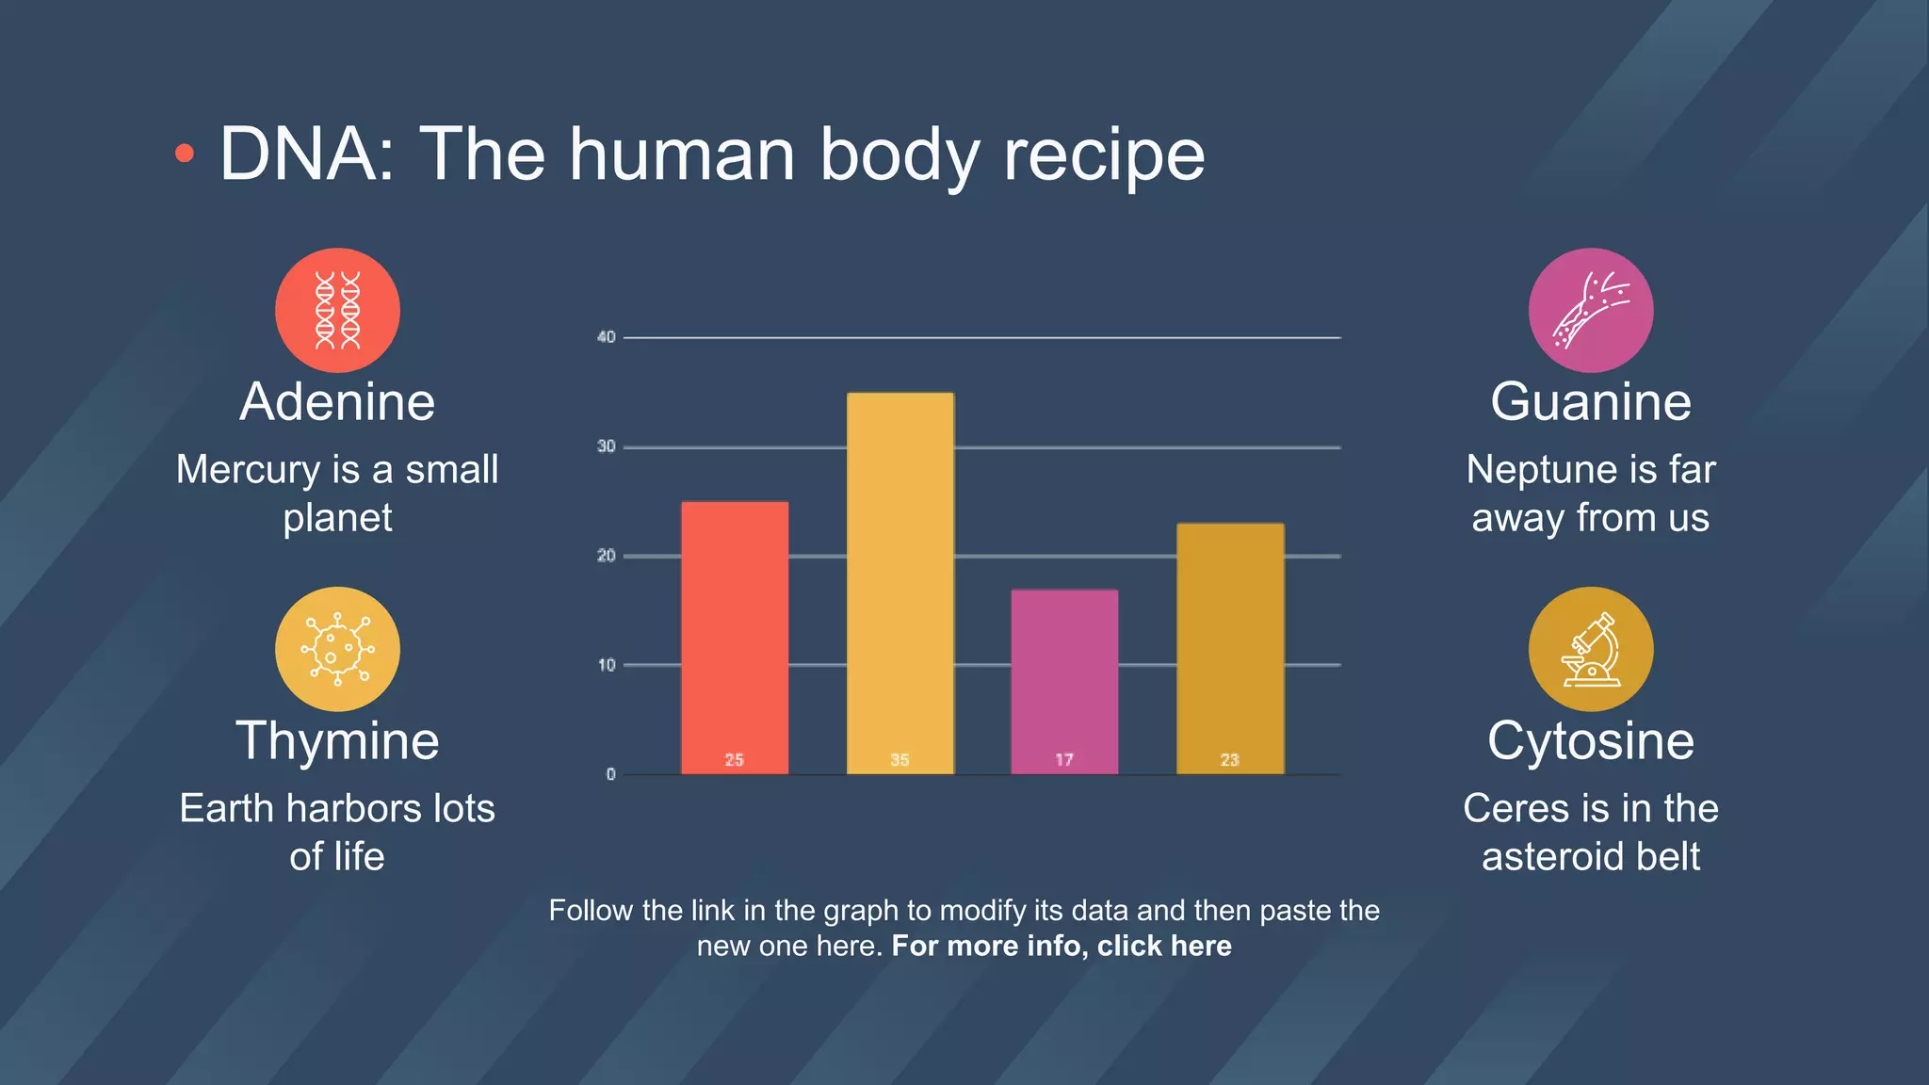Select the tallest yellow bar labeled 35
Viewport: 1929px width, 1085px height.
(x=900, y=583)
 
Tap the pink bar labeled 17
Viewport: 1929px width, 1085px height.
(x=1064, y=682)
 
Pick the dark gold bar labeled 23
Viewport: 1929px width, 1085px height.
(x=1229, y=649)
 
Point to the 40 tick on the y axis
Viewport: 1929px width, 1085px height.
(x=607, y=337)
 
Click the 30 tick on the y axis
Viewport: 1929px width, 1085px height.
(x=607, y=446)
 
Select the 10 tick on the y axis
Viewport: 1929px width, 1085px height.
(x=607, y=665)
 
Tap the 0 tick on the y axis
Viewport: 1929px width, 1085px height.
(x=611, y=774)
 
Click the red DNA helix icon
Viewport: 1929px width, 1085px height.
(x=337, y=310)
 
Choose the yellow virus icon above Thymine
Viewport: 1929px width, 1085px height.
(x=337, y=649)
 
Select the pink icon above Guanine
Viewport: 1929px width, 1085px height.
(x=1590, y=310)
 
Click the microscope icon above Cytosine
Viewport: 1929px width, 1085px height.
(x=1590, y=649)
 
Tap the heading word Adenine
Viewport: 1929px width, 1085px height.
(x=337, y=402)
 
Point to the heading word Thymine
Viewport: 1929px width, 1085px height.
(x=337, y=741)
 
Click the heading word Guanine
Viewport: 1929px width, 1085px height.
(x=1590, y=402)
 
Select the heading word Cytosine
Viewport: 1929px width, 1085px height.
(x=1590, y=741)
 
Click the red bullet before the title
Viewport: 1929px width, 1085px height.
(x=185, y=154)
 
